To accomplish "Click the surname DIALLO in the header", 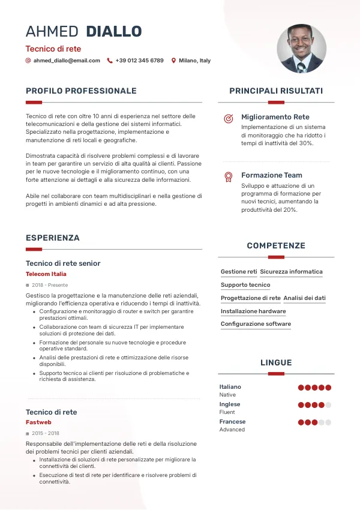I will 114,31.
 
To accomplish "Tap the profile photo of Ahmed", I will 302,49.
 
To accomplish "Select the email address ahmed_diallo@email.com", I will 67,61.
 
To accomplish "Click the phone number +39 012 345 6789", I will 139,61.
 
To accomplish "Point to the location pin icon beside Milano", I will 173,61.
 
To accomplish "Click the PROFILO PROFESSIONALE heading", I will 81,91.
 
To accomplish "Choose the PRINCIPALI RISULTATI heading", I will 276,91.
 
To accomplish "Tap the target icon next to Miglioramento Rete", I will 228,119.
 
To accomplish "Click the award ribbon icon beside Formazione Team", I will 228,177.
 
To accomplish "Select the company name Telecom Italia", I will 46,274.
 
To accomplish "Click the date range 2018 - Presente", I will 50,285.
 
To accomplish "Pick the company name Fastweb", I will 38,423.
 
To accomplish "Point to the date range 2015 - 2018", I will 46,433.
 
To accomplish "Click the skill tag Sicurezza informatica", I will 291,272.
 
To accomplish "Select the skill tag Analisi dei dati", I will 304,298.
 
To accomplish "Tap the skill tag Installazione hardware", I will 253,311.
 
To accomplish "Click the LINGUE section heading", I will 276,363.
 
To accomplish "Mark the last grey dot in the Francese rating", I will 328,422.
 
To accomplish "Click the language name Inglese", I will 230,404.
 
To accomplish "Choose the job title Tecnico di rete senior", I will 63,263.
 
